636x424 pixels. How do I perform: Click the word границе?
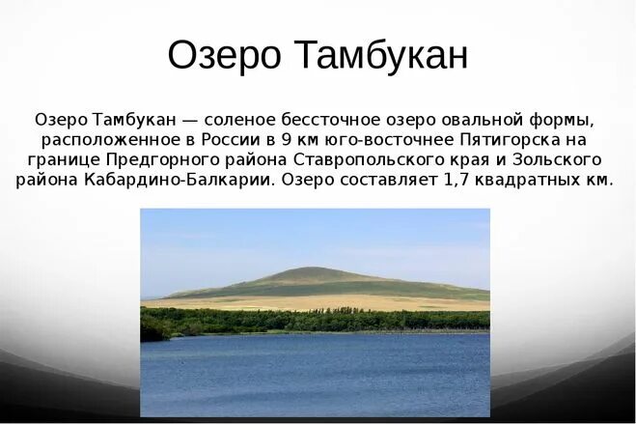64,160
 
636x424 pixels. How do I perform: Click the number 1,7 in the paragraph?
456,181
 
